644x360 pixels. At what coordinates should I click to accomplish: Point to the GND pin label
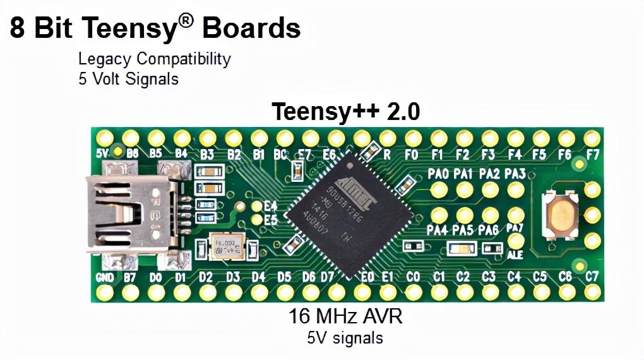pos(105,277)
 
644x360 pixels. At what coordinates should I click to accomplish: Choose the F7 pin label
pos(592,153)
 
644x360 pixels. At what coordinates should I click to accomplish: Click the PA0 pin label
pos(438,174)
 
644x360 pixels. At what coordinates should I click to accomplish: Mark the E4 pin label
pos(271,206)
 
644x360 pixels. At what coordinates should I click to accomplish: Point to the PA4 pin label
pos(437,231)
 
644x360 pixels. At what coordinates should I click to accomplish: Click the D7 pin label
pos(327,277)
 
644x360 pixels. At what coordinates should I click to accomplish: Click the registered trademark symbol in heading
pos(184,20)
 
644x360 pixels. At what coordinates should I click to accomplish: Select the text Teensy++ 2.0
pos(345,112)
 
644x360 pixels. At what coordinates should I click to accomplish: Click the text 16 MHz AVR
pos(345,316)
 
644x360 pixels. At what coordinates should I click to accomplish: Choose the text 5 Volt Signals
pos(128,79)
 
